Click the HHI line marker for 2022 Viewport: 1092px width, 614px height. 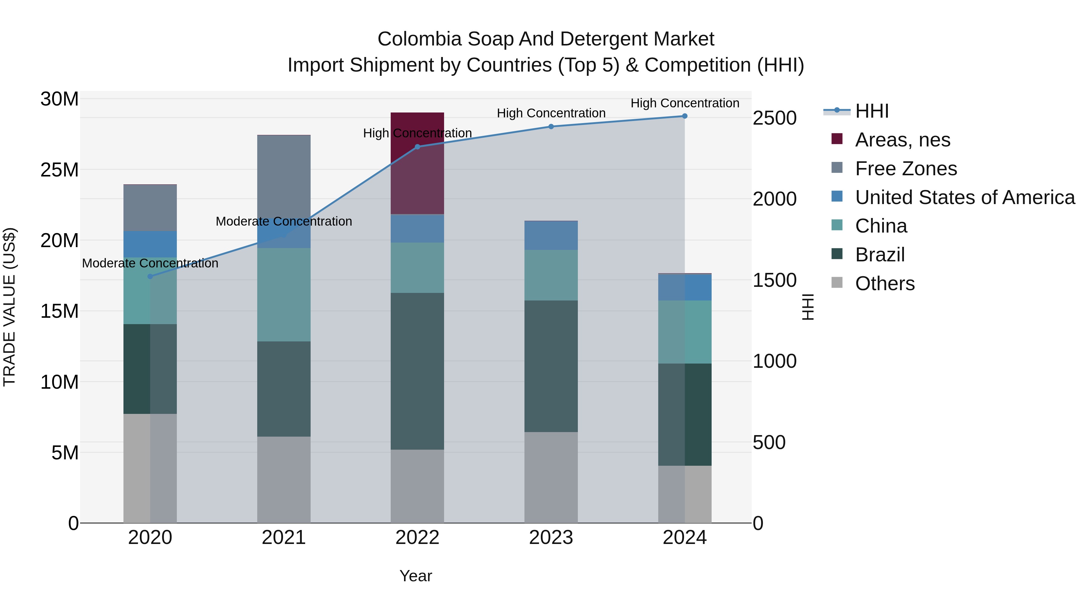(417, 147)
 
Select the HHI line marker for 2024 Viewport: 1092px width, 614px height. (685, 116)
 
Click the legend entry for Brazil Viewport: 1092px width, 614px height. (880, 255)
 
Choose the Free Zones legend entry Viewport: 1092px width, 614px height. (905, 169)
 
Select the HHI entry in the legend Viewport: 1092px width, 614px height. (871, 111)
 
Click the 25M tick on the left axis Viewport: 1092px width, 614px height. (59, 170)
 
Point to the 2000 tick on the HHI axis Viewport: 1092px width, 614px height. (774, 199)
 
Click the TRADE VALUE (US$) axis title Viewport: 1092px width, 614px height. (9, 307)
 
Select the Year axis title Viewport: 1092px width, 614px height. (416, 576)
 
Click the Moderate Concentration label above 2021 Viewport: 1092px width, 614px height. (284, 221)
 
